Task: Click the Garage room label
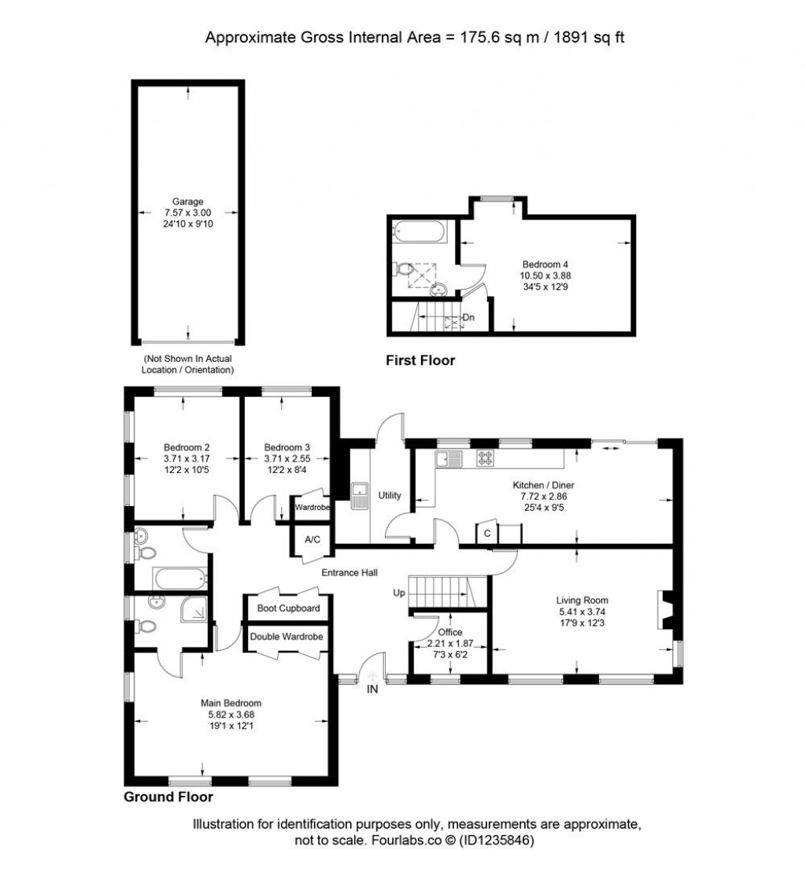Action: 187,202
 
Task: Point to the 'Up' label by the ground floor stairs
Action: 399,592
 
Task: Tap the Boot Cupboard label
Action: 288,608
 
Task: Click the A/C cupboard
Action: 305,540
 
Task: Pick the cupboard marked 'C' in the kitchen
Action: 487,533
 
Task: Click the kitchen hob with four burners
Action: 485,458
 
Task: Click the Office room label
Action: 450,632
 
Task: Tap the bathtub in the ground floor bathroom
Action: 181,579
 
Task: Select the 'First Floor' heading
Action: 420,361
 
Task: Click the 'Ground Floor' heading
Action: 168,797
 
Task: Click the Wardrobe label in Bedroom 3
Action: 312,508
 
